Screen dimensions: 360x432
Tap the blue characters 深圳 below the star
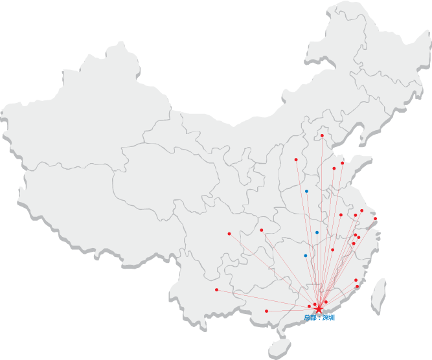[328, 318]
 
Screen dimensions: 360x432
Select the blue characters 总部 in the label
[311, 318]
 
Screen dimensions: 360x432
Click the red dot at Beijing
[322, 135]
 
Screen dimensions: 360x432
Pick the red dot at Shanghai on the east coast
[375, 218]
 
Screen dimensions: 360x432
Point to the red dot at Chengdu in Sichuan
[229, 233]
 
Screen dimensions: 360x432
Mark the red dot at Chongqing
[261, 230]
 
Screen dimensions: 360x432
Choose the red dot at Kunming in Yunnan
[216, 289]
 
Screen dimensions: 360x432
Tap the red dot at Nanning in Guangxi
[266, 311]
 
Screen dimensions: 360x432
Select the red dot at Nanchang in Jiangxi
[333, 249]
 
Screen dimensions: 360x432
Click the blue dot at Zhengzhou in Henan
[306, 191]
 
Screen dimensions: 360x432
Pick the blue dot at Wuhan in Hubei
[317, 232]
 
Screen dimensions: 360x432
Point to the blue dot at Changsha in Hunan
[306, 256]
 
